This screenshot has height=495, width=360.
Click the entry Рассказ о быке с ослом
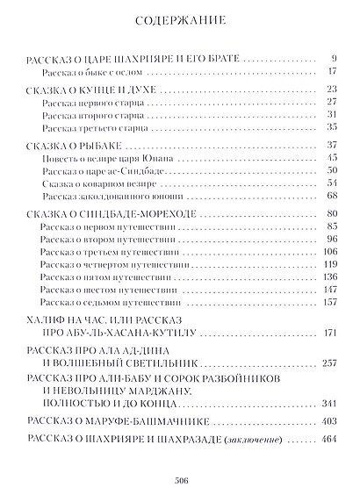pyautogui.click(x=84, y=71)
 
